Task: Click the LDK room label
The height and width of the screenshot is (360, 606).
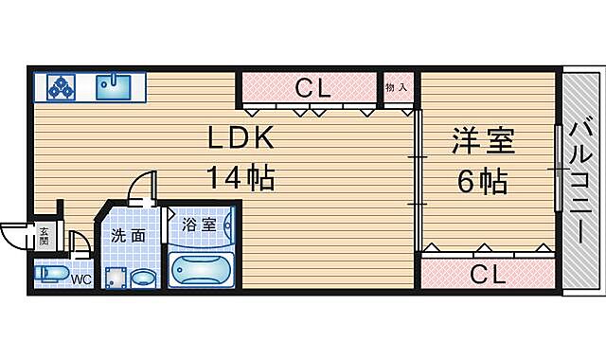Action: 241,139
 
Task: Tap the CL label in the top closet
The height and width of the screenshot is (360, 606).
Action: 311,89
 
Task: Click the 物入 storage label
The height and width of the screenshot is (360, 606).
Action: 397,87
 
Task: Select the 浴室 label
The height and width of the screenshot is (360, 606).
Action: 199,225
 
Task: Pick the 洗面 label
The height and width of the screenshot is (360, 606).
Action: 128,235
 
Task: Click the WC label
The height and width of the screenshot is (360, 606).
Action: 80,279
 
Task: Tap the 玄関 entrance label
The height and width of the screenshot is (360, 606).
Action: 44,236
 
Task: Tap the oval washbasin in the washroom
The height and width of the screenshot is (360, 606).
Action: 143,279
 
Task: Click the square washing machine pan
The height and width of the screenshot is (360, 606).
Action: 116,278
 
